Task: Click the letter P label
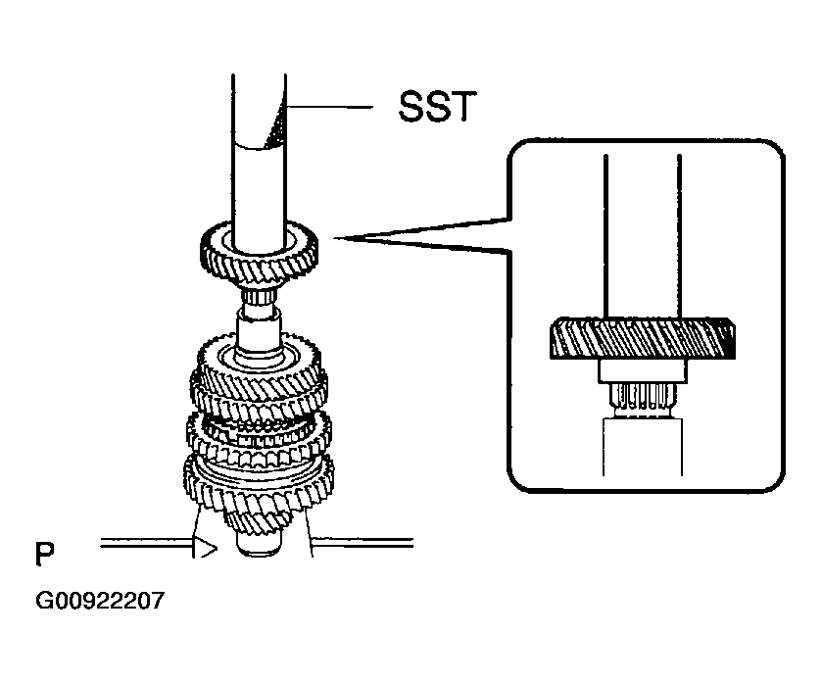(45, 555)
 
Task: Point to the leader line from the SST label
(333, 105)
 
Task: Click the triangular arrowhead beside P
(204, 549)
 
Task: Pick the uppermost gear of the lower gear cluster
(259, 358)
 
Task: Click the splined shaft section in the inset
(642, 396)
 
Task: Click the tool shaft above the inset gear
(642, 235)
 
